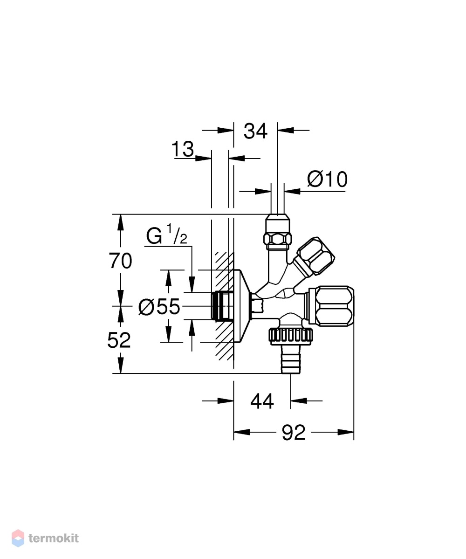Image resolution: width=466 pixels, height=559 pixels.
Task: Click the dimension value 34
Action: (255, 131)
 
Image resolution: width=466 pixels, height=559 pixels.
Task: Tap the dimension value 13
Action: (183, 149)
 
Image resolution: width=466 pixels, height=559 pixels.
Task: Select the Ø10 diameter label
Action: (327, 179)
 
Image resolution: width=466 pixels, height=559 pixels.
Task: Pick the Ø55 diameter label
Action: (159, 307)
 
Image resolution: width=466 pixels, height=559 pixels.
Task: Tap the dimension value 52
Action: (119, 340)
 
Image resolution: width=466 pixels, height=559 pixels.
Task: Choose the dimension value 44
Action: (262, 401)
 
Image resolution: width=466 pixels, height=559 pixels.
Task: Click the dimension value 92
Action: (294, 433)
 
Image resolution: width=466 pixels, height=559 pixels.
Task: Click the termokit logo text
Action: (54, 538)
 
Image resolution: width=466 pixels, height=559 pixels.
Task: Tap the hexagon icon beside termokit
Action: (18, 538)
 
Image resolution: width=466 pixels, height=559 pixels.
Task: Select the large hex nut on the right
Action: (331, 306)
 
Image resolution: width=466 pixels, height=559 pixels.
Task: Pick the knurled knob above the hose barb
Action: (291, 336)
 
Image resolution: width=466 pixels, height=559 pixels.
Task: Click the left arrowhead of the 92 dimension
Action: (241, 433)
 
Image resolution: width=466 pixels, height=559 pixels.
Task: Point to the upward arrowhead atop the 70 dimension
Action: (120, 222)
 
